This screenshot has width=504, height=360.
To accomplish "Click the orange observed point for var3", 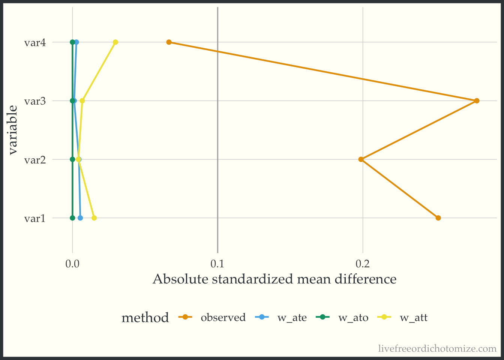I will pyautogui.click(x=477, y=100).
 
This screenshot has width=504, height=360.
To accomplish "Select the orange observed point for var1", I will pyautogui.click(x=438, y=218).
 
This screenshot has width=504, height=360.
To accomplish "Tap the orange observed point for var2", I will pyautogui.click(x=361, y=159).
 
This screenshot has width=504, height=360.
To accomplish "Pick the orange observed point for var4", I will pyautogui.click(x=169, y=42).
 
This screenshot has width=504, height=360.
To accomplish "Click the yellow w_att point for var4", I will pyautogui.click(x=115, y=42).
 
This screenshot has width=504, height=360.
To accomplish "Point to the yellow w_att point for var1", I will pyautogui.click(x=94, y=218).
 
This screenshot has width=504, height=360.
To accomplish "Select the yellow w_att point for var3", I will pyautogui.click(x=82, y=100).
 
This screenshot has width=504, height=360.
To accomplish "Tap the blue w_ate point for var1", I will pyautogui.click(x=80, y=218).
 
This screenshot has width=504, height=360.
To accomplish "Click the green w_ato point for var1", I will pyautogui.click(x=72, y=218).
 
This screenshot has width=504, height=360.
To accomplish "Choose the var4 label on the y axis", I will pyautogui.click(x=35, y=42).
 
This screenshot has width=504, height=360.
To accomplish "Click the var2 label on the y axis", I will pyautogui.click(x=35, y=160).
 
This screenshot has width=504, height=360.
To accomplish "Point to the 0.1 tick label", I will pyautogui.click(x=217, y=264).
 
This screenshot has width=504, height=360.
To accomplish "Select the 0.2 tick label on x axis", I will pyautogui.click(x=363, y=264).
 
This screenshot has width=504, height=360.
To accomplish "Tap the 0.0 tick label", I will pyautogui.click(x=72, y=264).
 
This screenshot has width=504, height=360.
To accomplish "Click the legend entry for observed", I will pyautogui.click(x=223, y=318).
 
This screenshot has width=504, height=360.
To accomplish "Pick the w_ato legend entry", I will pyautogui.click(x=353, y=318).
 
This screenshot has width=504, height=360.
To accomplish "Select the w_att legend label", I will pyautogui.click(x=414, y=318).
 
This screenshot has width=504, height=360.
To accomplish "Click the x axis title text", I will pyautogui.click(x=274, y=279).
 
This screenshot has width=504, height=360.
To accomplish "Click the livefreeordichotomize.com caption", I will pyautogui.click(x=437, y=349).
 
